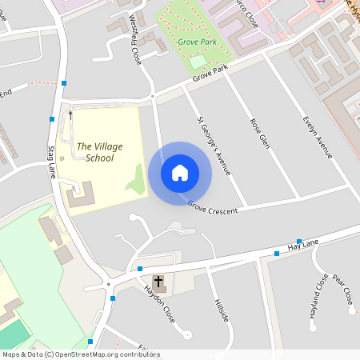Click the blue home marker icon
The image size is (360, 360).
click(179, 173)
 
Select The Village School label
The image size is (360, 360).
click(95, 152)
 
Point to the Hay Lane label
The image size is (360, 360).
click(305, 243)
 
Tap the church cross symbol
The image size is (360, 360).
click(158, 281)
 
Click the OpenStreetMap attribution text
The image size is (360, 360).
click(81, 354)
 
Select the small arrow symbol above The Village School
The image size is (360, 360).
click(70, 114)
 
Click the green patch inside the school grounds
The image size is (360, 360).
click(137, 182)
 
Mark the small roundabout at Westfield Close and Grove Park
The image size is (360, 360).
click(152, 96)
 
